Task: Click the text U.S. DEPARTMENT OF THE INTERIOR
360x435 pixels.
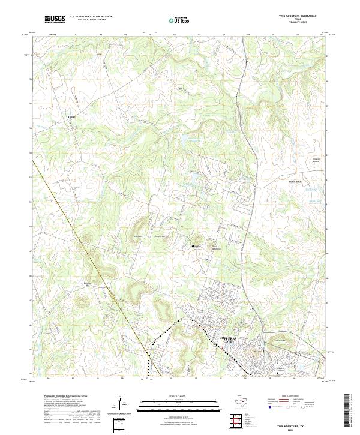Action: (91, 17)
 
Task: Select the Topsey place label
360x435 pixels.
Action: (71, 116)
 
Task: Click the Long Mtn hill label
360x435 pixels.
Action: (137, 236)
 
